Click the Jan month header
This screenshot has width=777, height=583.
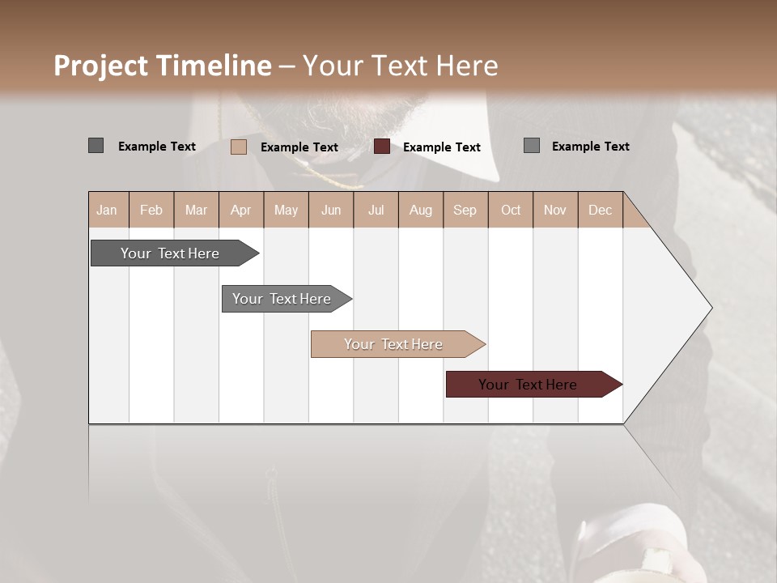coord(107,210)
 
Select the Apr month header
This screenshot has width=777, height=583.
coord(241,210)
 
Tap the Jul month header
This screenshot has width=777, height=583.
coord(376,210)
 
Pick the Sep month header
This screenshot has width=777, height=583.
coord(465,210)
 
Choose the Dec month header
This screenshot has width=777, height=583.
coord(600,210)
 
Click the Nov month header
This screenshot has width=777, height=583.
coord(555,210)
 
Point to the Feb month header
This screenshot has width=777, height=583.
coord(151,210)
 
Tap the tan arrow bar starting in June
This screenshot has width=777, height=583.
coord(394,344)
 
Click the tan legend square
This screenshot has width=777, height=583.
coord(239,147)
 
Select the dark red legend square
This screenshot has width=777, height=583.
coord(382,147)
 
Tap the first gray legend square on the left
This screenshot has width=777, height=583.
coord(96,146)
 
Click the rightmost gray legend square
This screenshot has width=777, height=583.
coord(532,146)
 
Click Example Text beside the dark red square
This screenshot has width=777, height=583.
coord(441,147)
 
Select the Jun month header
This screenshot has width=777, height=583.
coord(331,210)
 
